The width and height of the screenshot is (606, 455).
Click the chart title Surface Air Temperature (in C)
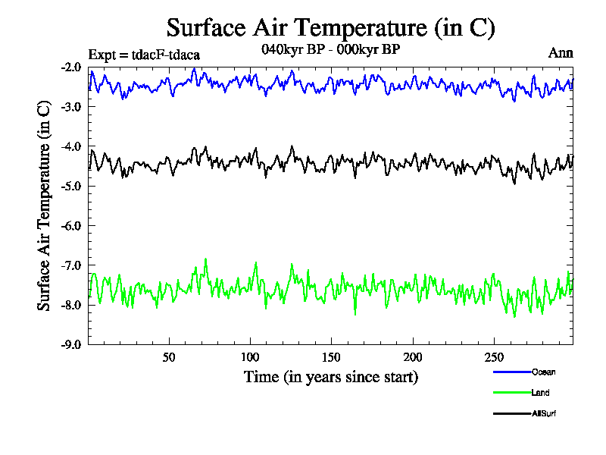[x=330, y=28]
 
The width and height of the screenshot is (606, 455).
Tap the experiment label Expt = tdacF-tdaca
[x=144, y=55]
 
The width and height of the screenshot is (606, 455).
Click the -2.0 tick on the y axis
[x=73, y=67]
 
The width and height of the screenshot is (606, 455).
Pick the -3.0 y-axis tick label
[x=73, y=106]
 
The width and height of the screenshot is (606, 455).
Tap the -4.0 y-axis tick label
[x=73, y=146]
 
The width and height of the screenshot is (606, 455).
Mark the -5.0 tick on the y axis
[x=73, y=186]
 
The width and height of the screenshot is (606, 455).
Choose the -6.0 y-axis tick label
[x=73, y=226]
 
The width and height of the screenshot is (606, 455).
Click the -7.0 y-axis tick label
[x=73, y=265]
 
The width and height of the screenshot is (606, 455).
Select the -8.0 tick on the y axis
[x=73, y=305]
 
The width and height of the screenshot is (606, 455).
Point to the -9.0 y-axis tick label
[x=73, y=344]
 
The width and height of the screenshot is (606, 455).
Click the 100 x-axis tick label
[x=250, y=357]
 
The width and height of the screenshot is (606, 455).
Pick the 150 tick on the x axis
[x=331, y=357]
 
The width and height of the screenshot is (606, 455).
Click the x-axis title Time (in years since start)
[x=330, y=376]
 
